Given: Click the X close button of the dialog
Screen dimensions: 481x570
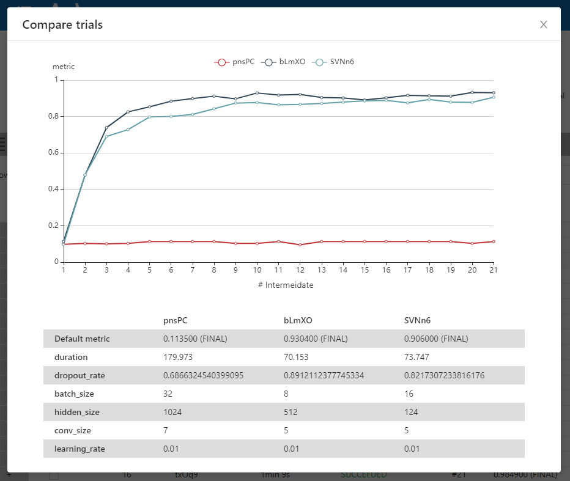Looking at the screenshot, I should coord(543,24).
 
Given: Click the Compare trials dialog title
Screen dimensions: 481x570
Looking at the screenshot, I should coord(62,25).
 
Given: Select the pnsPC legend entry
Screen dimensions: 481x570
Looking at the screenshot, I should coord(234,62).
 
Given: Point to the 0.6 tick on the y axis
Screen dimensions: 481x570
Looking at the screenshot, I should coord(53,153).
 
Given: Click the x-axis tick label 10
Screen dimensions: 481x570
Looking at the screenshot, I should coord(257,270).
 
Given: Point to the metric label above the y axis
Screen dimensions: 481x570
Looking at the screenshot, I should coord(64,67).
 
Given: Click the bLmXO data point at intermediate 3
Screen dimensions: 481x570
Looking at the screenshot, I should coord(106,128).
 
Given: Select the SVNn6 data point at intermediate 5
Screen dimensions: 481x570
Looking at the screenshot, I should coord(149,117).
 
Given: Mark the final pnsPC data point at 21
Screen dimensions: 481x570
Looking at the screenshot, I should coord(494,241).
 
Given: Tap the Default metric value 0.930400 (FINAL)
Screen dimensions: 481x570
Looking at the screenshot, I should coord(315,339).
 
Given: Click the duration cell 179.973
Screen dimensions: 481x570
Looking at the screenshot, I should coord(178,357).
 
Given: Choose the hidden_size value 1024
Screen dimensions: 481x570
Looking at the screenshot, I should coord(172,412).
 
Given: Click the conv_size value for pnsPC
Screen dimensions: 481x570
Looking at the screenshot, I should coord(166,430).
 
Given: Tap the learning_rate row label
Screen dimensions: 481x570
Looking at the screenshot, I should coord(80,449).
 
